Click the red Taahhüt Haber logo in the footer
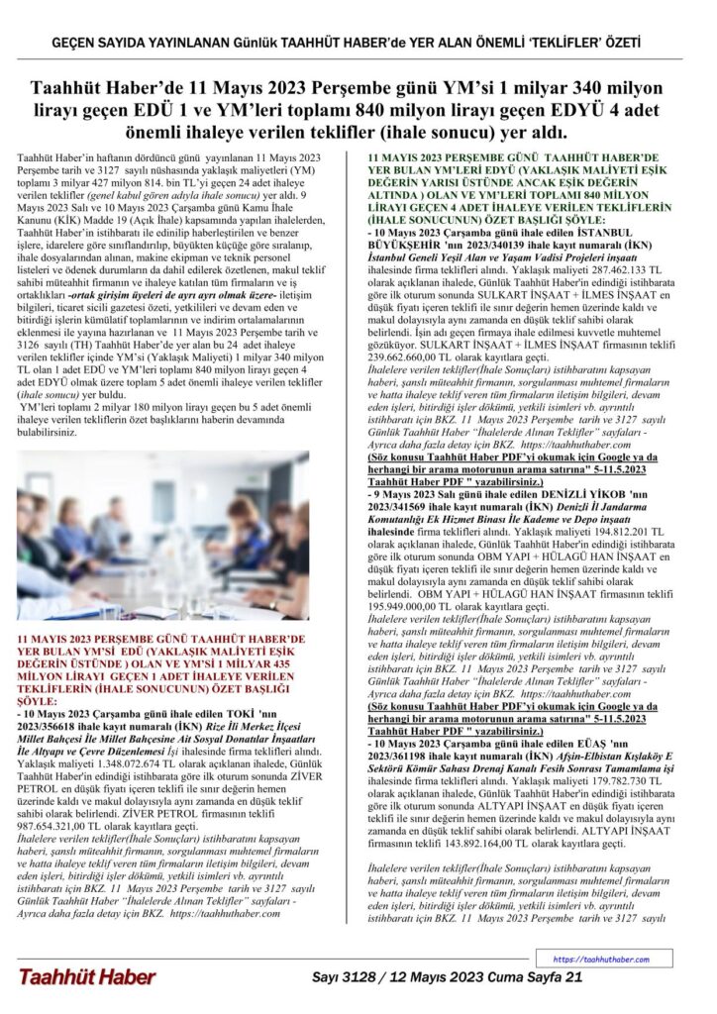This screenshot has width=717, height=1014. [x=86, y=976]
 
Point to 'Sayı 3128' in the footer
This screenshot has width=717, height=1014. [x=354, y=976]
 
